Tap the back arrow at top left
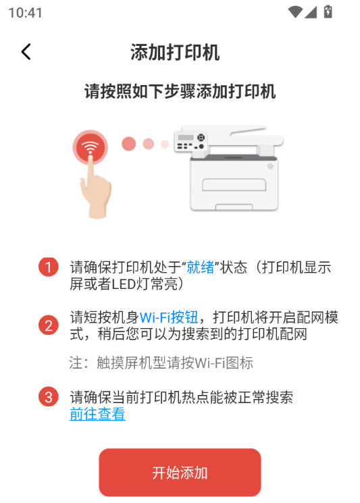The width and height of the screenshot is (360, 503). point(26,52)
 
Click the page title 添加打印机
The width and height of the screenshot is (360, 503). point(175,53)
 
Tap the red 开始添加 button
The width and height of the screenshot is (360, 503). point(180,473)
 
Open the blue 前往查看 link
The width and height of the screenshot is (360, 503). point(97,414)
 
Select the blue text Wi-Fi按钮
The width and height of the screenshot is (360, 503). point(169,317)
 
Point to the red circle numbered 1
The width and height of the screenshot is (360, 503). point(48,267)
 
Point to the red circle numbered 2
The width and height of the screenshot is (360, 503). point(48,325)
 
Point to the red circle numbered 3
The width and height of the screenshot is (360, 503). point(48,397)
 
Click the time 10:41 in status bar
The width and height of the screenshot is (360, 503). point(26,12)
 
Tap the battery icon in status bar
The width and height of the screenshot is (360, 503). point(328,11)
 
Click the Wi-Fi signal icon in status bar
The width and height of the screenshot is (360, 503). point(294,11)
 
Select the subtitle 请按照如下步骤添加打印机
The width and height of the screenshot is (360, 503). point(180,92)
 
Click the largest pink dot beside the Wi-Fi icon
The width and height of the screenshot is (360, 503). point(128,144)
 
